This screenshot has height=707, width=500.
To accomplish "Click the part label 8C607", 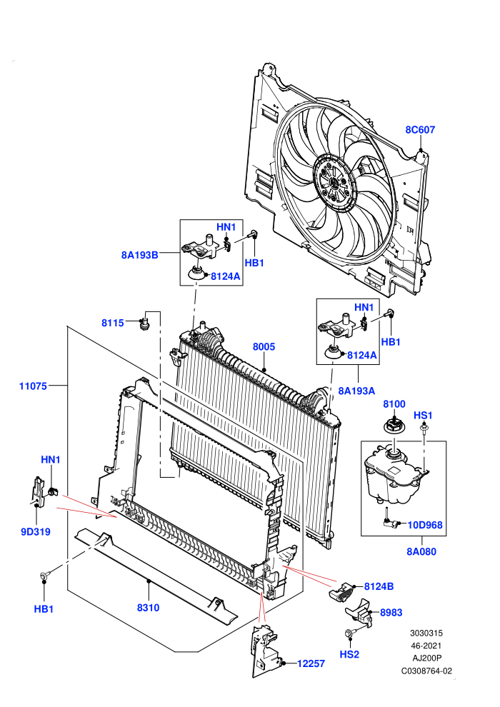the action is click(x=420, y=130).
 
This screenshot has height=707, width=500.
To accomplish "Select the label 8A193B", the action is click(x=140, y=255).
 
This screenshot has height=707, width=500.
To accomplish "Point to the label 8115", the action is click(x=113, y=323).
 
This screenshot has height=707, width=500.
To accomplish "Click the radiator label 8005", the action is click(x=264, y=347).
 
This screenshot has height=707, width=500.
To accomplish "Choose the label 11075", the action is click(x=33, y=386).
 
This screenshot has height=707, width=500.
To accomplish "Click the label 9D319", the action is click(x=36, y=531).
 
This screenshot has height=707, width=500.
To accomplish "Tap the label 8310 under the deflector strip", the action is click(x=149, y=608).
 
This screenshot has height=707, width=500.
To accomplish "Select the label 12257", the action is click(x=311, y=663).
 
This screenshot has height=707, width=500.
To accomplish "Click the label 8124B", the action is click(x=379, y=586).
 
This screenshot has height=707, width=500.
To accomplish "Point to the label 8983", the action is click(x=391, y=612).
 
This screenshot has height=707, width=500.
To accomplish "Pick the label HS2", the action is click(x=349, y=654).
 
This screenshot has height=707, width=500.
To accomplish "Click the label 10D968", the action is click(x=425, y=525).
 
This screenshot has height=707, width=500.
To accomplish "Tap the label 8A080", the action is click(x=421, y=551).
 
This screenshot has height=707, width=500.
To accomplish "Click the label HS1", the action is click(x=423, y=415).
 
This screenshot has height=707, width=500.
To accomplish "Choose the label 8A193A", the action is click(x=356, y=391).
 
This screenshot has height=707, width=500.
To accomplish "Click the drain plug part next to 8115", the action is click(x=146, y=324).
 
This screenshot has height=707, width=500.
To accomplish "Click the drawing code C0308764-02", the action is click(x=426, y=671).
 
